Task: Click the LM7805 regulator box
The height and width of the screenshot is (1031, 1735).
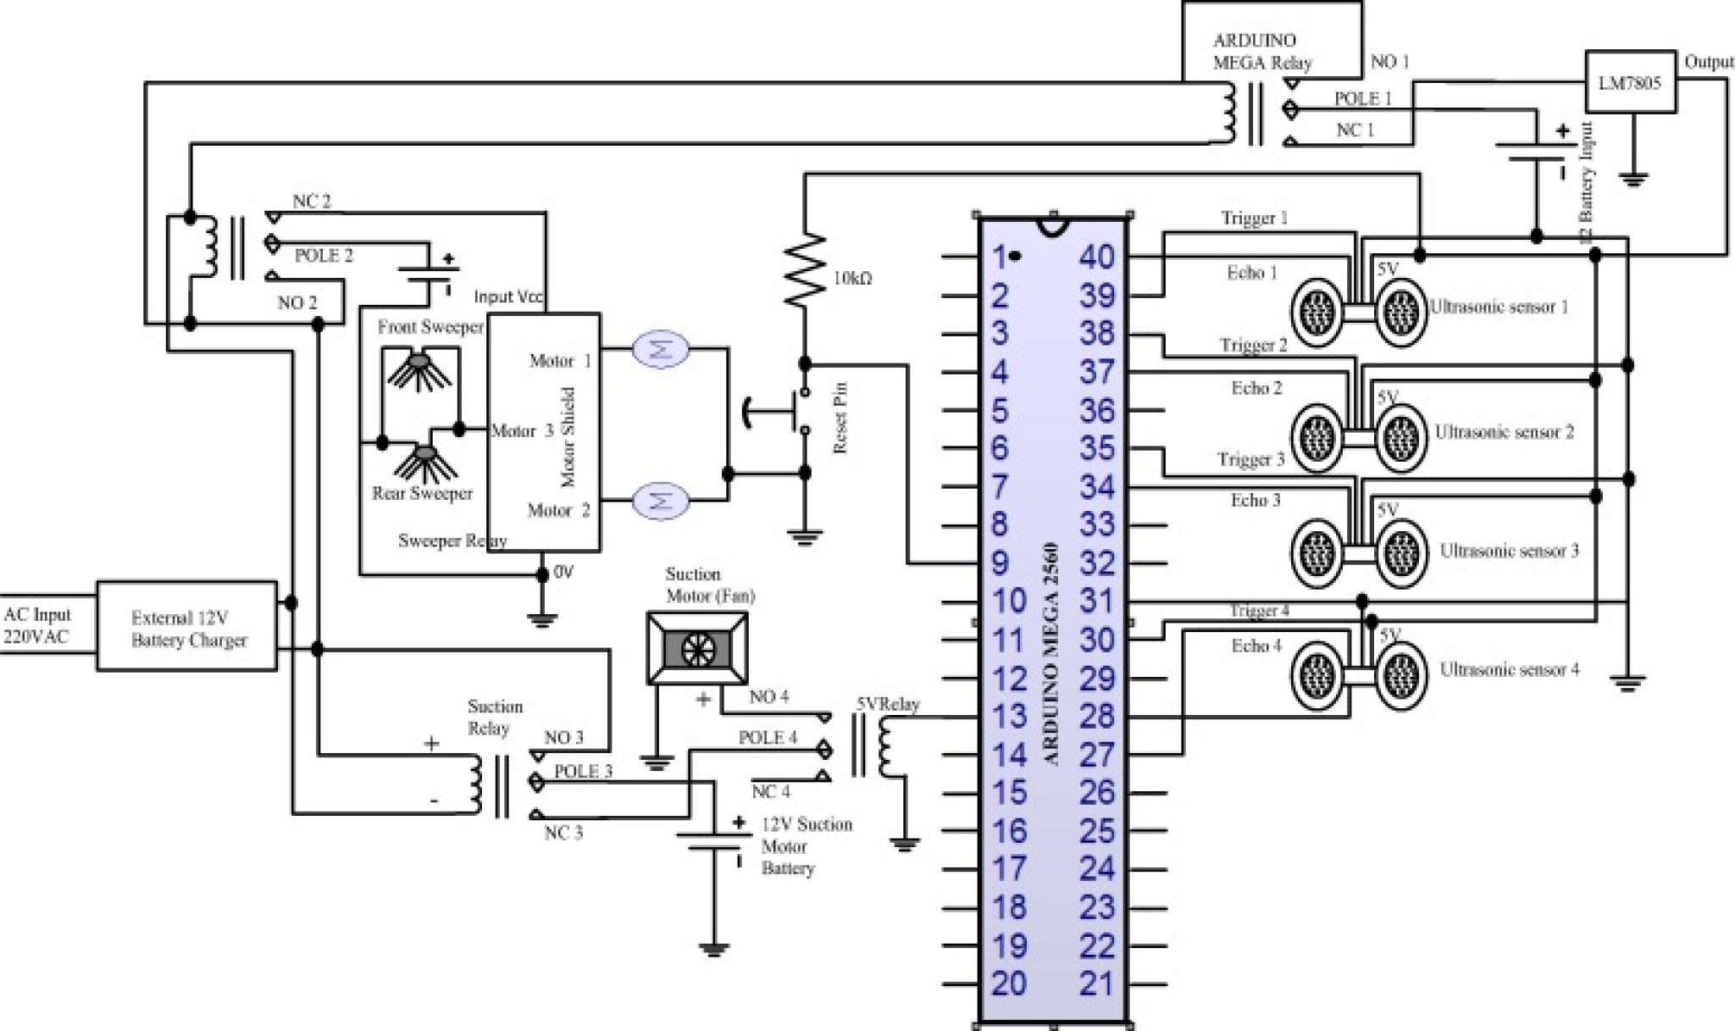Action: pyautogui.click(x=1630, y=82)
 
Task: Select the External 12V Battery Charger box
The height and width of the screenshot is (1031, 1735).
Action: pyautogui.click(x=187, y=627)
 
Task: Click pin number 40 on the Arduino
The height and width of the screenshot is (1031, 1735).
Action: pyautogui.click(x=1097, y=258)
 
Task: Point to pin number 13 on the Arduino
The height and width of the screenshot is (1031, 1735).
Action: pyautogui.click(x=1010, y=717)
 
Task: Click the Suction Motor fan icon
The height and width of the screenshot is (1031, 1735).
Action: pyautogui.click(x=697, y=649)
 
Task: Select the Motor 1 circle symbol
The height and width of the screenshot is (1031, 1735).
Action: pyautogui.click(x=661, y=348)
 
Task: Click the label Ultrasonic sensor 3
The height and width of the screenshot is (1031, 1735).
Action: pyautogui.click(x=1509, y=551)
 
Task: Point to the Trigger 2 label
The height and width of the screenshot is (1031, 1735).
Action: pyautogui.click(x=1253, y=346)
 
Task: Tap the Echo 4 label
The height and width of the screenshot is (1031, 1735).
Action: pyautogui.click(x=1256, y=646)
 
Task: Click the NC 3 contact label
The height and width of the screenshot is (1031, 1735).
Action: pyautogui.click(x=563, y=834)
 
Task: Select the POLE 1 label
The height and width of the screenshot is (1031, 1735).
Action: pyautogui.click(x=1363, y=99)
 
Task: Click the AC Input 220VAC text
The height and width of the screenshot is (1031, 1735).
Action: pyautogui.click(x=37, y=626)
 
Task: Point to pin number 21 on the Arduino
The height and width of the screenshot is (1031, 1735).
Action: pyautogui.click(x=1097, y=984)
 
